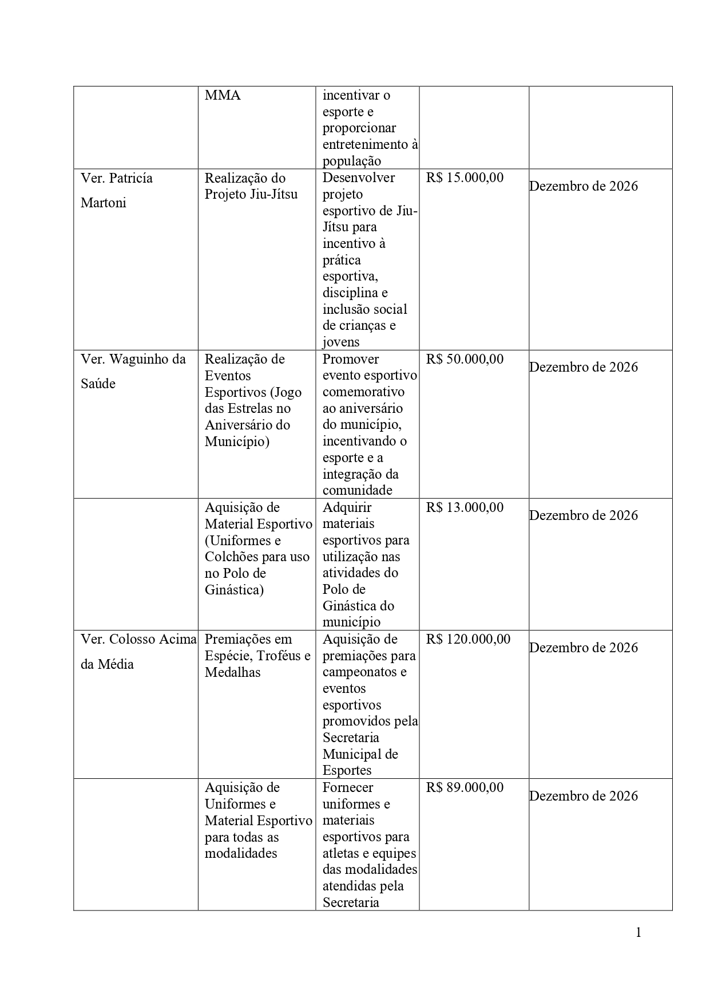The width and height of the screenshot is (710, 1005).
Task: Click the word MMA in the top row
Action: (x=223, y=96)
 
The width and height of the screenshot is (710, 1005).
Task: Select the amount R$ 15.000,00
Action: (x=465, y=178)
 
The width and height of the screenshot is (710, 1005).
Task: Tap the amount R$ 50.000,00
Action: (x=465, y=359)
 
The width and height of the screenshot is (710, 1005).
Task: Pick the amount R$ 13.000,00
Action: (x=465, y=507)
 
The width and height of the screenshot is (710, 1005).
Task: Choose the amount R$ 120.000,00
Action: (x=468, y=639)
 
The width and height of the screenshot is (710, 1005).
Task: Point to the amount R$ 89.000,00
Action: (x=465, y=787)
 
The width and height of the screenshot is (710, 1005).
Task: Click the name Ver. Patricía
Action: (x=117, y=178)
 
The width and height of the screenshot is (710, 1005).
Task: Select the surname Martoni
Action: (x=103, y=203)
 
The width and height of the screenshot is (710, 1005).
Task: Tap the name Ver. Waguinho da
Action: (x=133, y=359)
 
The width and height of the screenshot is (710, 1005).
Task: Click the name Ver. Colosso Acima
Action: (x=138, y=639)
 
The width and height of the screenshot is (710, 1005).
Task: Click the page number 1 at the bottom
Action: (x=638, y=933)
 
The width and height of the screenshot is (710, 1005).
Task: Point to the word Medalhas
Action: (x=232, y=672)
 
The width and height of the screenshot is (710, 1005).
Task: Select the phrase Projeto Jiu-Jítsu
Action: (x=251, y=195)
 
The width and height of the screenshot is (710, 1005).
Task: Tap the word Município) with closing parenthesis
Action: (x=237, y=442)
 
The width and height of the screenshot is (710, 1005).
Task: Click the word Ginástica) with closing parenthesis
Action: (x=234, y=590)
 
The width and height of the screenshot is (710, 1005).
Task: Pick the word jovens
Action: (x=341, y=342)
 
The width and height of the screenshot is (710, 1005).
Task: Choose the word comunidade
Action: (x=358, y=490)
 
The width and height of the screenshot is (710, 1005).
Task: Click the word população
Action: (x=352, y=161)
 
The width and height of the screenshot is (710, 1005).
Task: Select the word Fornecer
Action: (x=348, y=787)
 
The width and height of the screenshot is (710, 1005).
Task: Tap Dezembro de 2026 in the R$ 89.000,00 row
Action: (x=583, y=796)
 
